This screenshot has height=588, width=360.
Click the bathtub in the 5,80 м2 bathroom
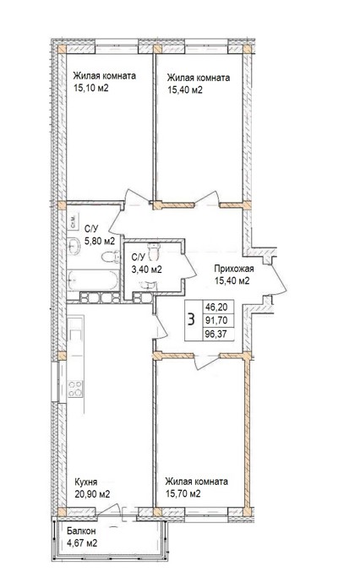(93, 280)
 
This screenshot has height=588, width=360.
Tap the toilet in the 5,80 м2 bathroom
(110, 257)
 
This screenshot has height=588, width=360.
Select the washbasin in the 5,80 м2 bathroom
(74, 247)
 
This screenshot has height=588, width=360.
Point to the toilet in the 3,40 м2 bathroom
(154, 251)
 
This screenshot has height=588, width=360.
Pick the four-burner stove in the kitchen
(75, 389)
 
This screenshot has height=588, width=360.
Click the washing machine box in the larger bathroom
(73, 222)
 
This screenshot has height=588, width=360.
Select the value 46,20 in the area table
(216, 308)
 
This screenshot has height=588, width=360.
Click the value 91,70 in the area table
(216, 321)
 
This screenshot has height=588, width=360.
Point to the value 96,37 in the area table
(216, 334)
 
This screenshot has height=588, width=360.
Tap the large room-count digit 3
(192, 320)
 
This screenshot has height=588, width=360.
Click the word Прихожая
(234, 269)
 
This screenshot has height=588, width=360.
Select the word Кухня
(86, 482)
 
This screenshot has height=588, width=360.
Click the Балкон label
(81, 531)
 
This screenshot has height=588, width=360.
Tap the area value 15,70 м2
(183, 493)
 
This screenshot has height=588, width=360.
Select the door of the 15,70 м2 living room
(205, 361)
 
